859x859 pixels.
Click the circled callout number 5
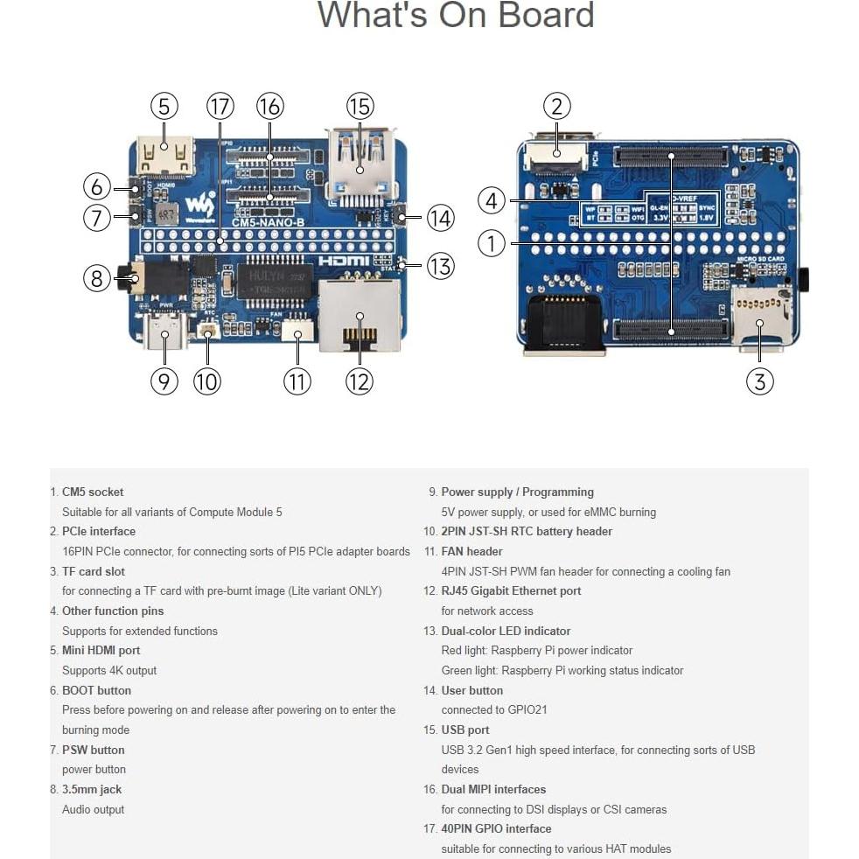164,107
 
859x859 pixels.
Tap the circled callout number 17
220,107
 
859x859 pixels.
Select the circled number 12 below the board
359,381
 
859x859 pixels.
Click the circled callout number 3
759,381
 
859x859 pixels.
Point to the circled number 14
440,217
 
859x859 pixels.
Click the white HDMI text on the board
344,261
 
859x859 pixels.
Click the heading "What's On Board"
455,16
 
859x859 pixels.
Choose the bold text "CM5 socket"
93,492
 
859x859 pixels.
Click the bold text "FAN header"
471,551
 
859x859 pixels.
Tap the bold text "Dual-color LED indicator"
506,631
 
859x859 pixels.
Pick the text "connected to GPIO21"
493,709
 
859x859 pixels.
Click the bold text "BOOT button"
96,690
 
